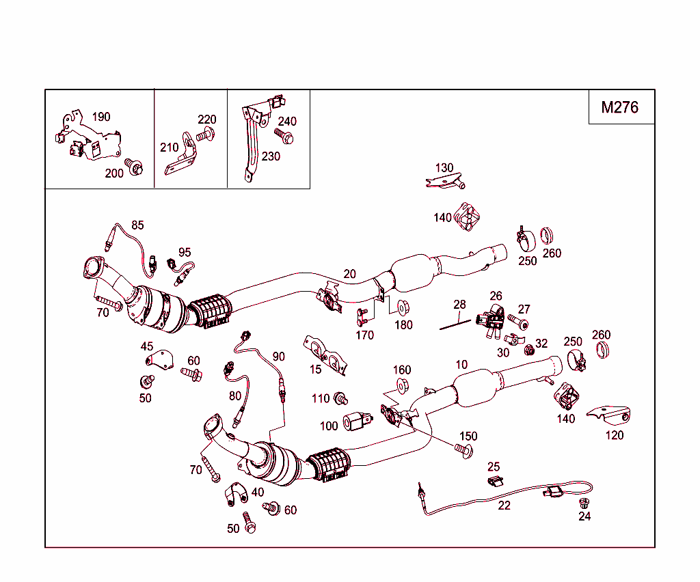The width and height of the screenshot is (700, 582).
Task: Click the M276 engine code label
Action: click(x=620, y=107)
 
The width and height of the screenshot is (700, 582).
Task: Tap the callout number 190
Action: click(x=100, y=117)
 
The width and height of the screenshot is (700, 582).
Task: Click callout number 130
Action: click(x=444, y=168)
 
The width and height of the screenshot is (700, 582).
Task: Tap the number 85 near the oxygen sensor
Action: click(x=137, y=225)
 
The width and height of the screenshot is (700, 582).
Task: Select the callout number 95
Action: click(x=185, y=253)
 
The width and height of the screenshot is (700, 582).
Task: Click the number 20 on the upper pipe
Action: click(x=349, y=274)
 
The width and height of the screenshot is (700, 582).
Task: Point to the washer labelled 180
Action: click(x=402, y=306)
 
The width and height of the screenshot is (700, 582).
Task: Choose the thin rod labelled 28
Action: click(x=455, y=323)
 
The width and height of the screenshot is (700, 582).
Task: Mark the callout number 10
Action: click(x=461, y=365)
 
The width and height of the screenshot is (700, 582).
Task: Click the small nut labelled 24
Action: click(x=584, y=503)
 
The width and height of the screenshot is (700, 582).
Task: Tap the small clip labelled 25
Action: click(x=495, y=482)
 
